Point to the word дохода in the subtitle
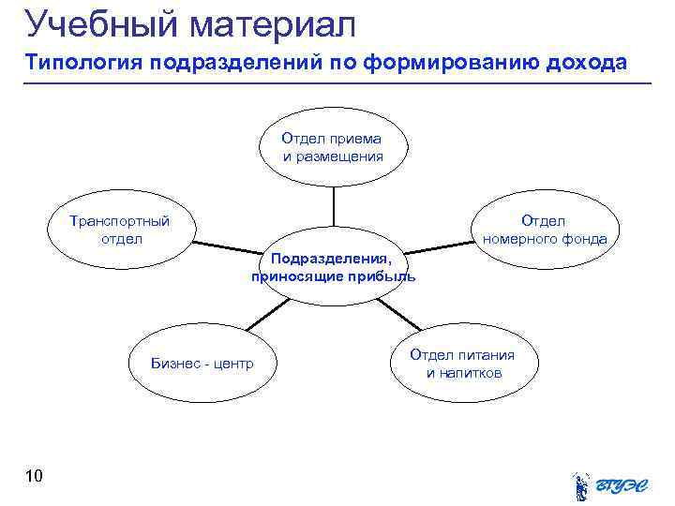(x=590, y=64)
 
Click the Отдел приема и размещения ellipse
(x=334, y=148)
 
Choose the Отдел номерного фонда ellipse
(x=544, y=230)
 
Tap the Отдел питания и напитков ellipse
(x=463, y=364)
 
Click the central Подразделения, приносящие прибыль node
(x=334, y=267)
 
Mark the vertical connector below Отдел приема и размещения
(x=334, y=206)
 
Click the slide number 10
(x=34, y=477)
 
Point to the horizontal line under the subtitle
(x=337, y=83)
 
